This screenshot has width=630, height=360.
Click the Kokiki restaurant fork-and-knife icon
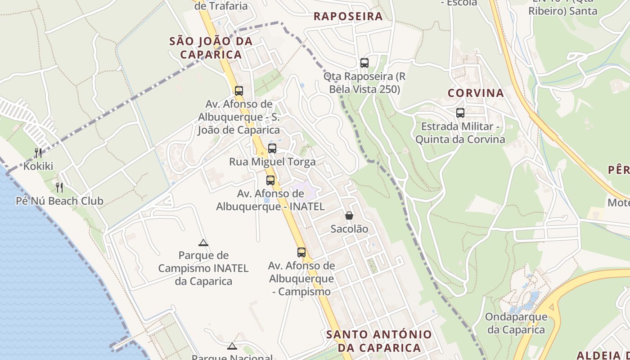38,153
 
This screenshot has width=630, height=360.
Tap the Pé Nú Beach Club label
59,201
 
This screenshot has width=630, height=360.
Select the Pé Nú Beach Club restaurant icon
59,187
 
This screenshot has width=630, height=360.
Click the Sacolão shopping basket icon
349,216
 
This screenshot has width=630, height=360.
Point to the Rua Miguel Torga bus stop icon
272,148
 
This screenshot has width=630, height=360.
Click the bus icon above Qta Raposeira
364,63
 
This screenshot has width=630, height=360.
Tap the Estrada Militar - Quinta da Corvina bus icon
460,113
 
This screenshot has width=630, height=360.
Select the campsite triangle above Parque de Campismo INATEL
203,243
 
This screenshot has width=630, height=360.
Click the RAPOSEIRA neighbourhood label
348,17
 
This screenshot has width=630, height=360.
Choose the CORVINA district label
476,94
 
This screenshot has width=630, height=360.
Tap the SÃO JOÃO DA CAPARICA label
211,48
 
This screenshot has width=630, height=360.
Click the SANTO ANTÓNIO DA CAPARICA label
379,341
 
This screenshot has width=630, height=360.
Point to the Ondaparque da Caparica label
516,323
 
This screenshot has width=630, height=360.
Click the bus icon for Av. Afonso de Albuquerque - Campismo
301,252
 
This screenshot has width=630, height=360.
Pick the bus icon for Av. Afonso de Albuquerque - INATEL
270,180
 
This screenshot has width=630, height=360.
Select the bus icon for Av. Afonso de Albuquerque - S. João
239,90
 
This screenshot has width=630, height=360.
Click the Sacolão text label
349,229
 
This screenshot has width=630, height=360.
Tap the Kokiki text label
38,166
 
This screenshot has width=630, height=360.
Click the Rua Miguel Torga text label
272,162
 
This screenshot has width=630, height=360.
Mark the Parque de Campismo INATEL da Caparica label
203,268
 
